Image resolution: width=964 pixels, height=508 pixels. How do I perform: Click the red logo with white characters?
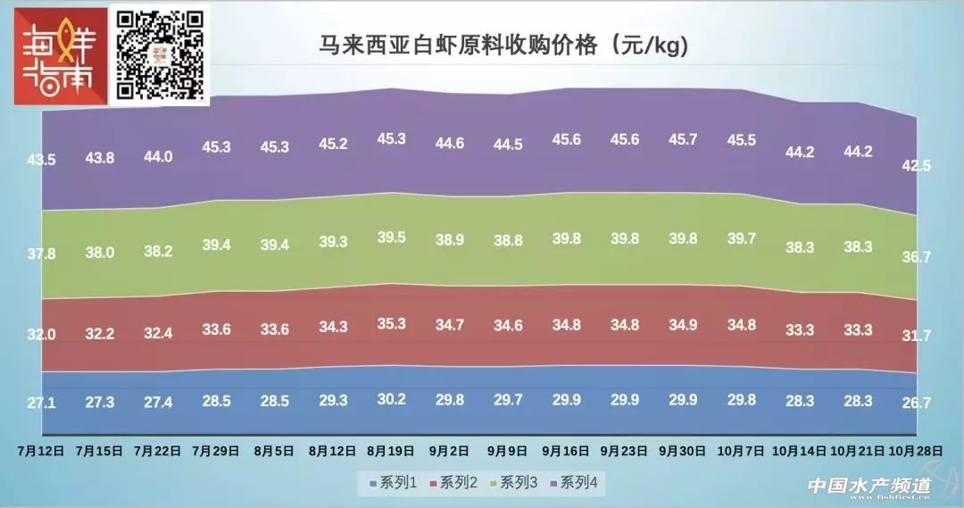55,54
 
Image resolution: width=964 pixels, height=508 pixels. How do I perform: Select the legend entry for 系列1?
395,483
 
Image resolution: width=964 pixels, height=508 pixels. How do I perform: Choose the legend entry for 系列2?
455,483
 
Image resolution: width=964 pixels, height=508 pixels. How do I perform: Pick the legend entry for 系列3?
515,483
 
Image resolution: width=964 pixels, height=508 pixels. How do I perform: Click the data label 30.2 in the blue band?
389,399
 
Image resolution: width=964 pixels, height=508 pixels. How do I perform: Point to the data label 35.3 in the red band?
389,323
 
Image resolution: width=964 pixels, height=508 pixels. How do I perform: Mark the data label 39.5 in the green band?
389,237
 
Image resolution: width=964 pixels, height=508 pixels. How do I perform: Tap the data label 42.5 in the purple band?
914,164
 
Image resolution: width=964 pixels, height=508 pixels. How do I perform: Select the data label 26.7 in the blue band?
914,404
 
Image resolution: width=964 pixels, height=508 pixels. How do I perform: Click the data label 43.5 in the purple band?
41,159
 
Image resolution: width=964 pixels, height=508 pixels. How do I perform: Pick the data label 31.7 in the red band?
914,336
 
